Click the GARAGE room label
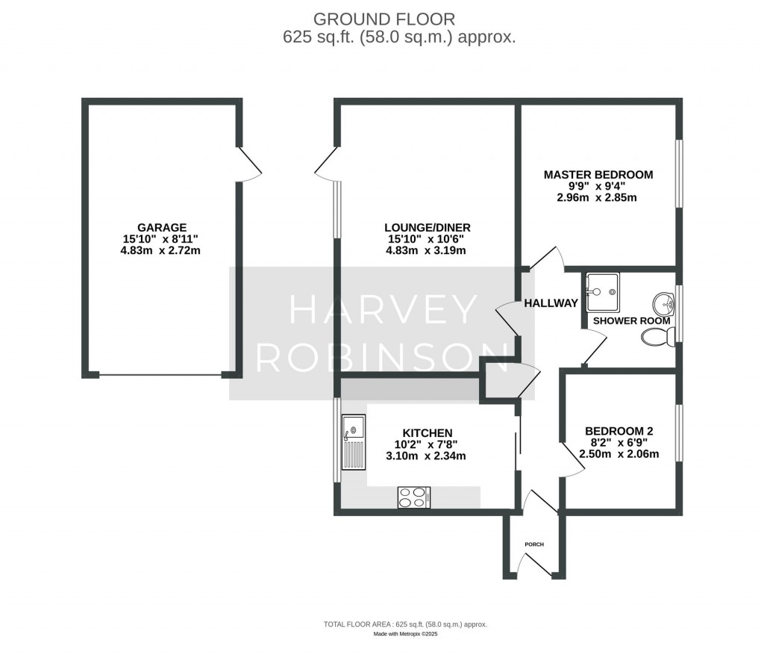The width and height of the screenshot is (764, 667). [x=161, y=227]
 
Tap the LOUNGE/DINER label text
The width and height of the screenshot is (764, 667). [x=427, y=227]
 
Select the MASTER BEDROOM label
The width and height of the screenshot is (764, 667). [x=598, y=175]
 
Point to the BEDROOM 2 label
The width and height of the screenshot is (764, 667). [x=619, y=431]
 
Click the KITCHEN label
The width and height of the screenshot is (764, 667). [x=427, y=433]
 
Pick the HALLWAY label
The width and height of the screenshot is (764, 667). [x=551, y=303]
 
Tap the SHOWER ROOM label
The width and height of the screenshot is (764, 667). [x=631, y=320]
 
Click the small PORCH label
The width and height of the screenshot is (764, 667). [x=534, y=545]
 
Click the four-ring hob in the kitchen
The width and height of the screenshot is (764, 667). [x=414, y=497]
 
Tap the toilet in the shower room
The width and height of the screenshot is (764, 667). [x=657, y=338]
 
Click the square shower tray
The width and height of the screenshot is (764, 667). [x=602, y=290]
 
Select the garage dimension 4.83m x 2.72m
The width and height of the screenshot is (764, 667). [x=161, y=251]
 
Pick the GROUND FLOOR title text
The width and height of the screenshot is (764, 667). [x=383, y=19]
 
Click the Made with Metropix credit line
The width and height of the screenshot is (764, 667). [x=405, y=634]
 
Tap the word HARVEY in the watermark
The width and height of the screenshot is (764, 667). [x=382, y=310]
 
